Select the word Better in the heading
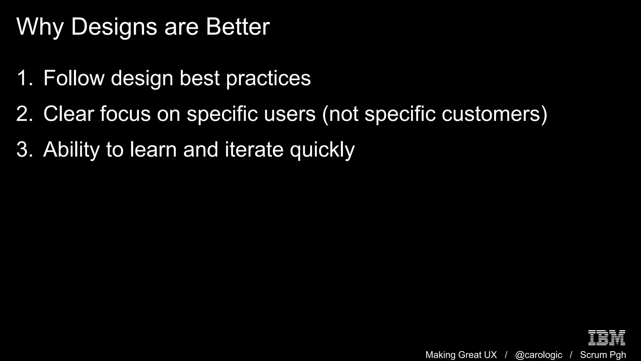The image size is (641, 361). tap(238, 27)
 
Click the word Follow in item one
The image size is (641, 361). tap(74, 78)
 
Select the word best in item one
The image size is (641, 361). tap(199, 78)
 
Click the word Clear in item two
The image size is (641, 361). tap(69, 114)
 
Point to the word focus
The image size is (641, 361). tap(125, 114)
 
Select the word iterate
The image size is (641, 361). tap(254, 149)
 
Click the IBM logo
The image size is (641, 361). tap(607, 338)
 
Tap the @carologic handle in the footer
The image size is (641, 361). tap(538, 355)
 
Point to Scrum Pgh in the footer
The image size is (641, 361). tap(603, 355)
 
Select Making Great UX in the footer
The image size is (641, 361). tap(461, 355)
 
